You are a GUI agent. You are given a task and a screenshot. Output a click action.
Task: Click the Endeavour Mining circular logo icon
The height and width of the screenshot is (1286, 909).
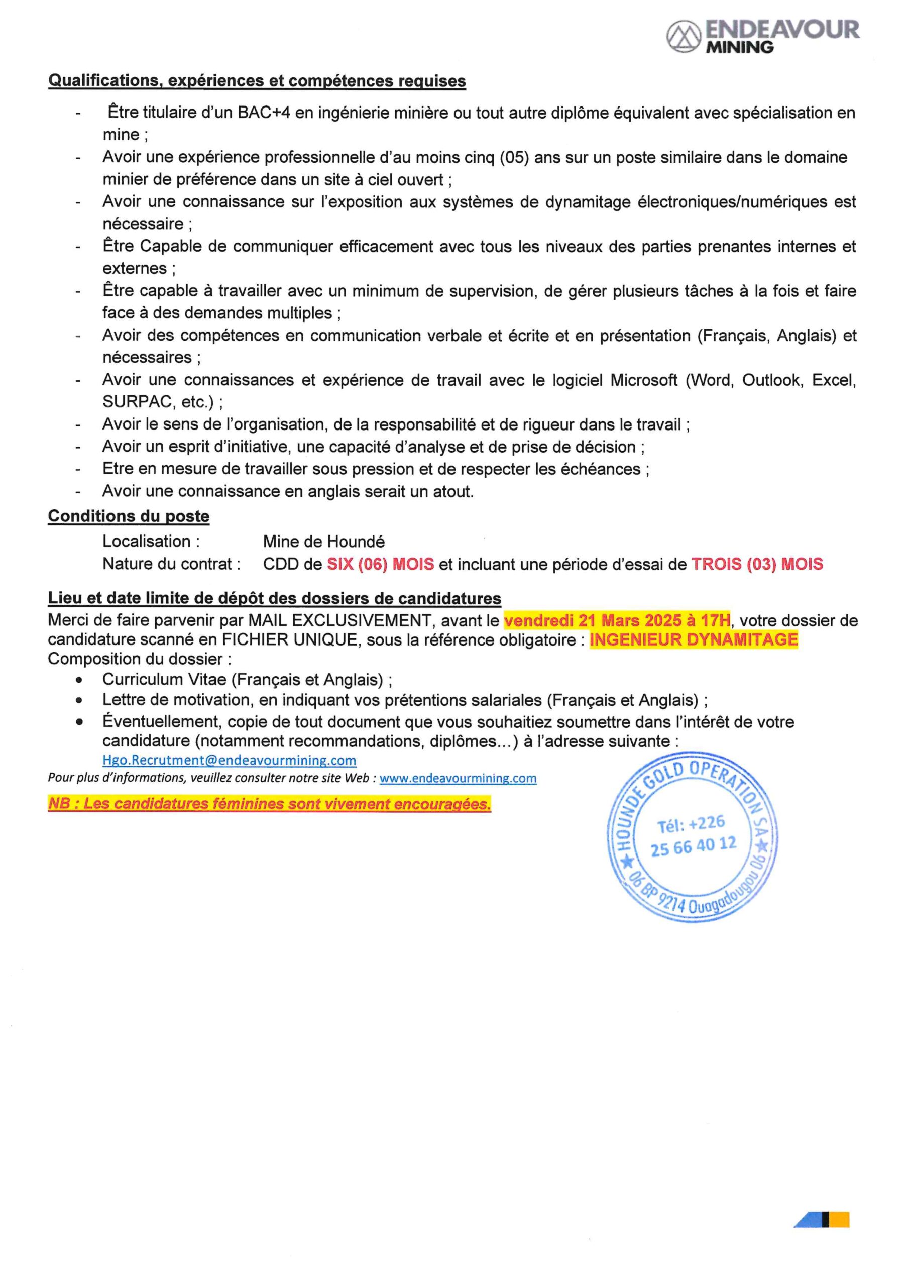point(684,36)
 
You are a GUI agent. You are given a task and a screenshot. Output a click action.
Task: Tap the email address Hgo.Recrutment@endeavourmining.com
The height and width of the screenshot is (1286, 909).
point(229,760)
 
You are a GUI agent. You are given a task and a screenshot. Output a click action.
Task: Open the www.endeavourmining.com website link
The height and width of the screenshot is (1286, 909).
point(458,778)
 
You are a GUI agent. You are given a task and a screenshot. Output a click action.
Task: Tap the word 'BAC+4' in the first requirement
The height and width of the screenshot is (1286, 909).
point(263,113)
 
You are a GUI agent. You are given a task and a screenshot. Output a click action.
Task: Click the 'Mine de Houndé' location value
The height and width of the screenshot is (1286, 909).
point(324,542)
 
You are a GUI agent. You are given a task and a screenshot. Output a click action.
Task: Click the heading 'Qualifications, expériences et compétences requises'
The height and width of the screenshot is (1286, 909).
point(257,81)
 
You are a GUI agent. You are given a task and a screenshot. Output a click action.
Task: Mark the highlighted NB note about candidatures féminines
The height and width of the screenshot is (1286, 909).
point(269,804)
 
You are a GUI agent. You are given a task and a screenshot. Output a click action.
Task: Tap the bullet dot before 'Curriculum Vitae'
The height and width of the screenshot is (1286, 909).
point(79,680)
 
